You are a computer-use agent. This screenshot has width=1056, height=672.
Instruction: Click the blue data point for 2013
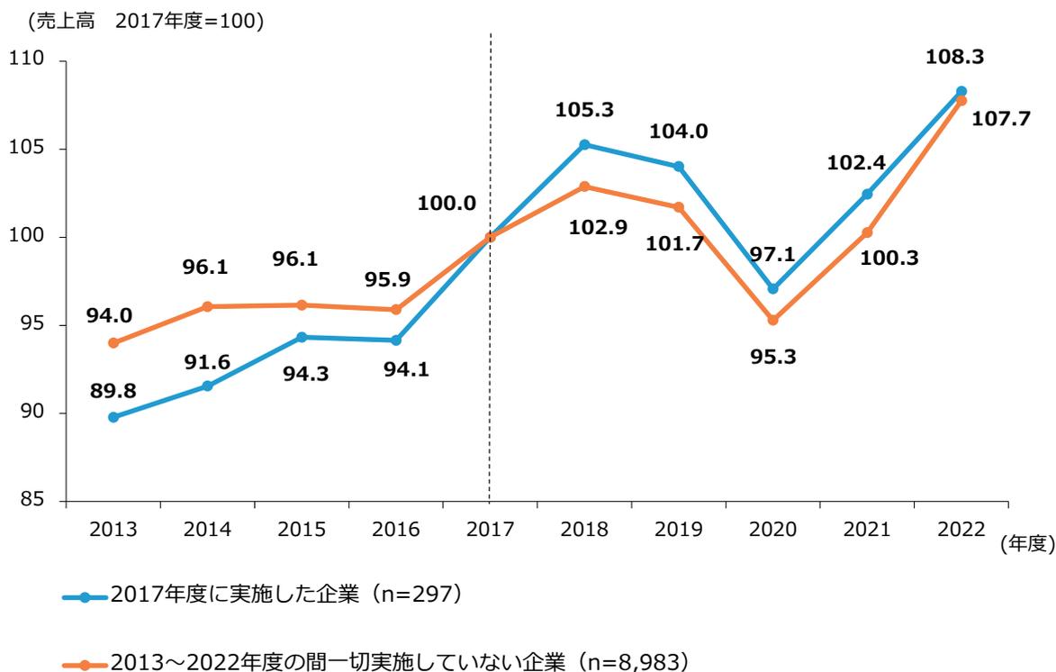(x=113, y=417)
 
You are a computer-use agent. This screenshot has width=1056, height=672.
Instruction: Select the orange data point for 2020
(x=772, y=320)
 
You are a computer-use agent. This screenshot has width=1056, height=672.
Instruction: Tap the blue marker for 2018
(x=584, y=144)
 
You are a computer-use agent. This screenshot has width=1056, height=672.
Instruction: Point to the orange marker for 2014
(x=207, y=306)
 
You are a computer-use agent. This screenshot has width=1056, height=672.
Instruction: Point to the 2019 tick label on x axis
(x=678, y=529)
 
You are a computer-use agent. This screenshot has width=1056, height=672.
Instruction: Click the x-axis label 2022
(x=960, y=529)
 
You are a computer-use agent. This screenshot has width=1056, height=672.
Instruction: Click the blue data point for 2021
(x=866, y=195)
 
